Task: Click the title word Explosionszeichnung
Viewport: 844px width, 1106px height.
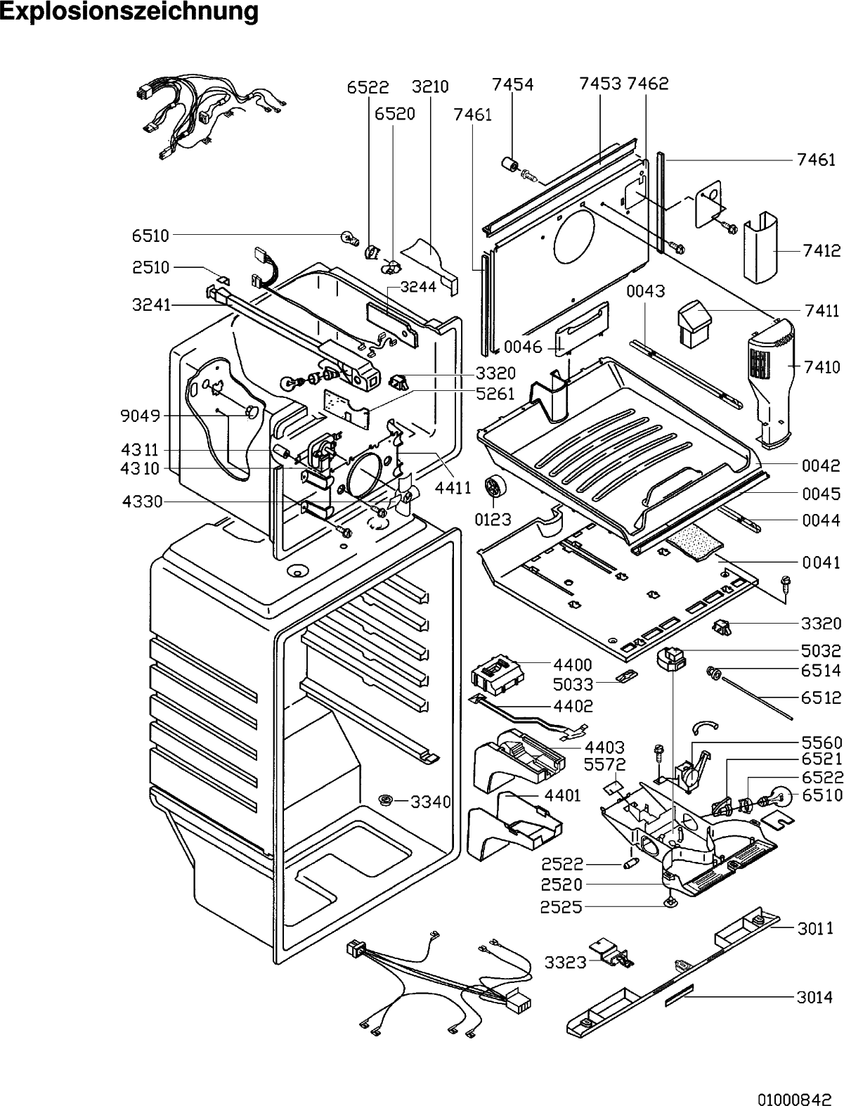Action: [129, 11]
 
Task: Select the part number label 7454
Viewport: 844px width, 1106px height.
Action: [512, 84]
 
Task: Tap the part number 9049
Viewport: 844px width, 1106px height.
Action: [140, 416]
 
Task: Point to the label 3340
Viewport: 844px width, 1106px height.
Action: [431, 801]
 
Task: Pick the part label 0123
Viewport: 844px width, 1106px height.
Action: [493, 519]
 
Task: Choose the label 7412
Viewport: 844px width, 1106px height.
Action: [822, 250]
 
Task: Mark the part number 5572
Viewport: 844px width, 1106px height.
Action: [604, 764]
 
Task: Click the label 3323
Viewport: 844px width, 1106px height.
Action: [566, 963]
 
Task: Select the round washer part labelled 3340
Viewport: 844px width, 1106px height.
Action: [387, 799]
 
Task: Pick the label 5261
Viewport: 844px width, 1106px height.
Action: [495, 394]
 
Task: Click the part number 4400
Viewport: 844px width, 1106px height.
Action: [573, 664]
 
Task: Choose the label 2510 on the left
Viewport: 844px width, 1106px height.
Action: [151, 267]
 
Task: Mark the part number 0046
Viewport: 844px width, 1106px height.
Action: [524, 347]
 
